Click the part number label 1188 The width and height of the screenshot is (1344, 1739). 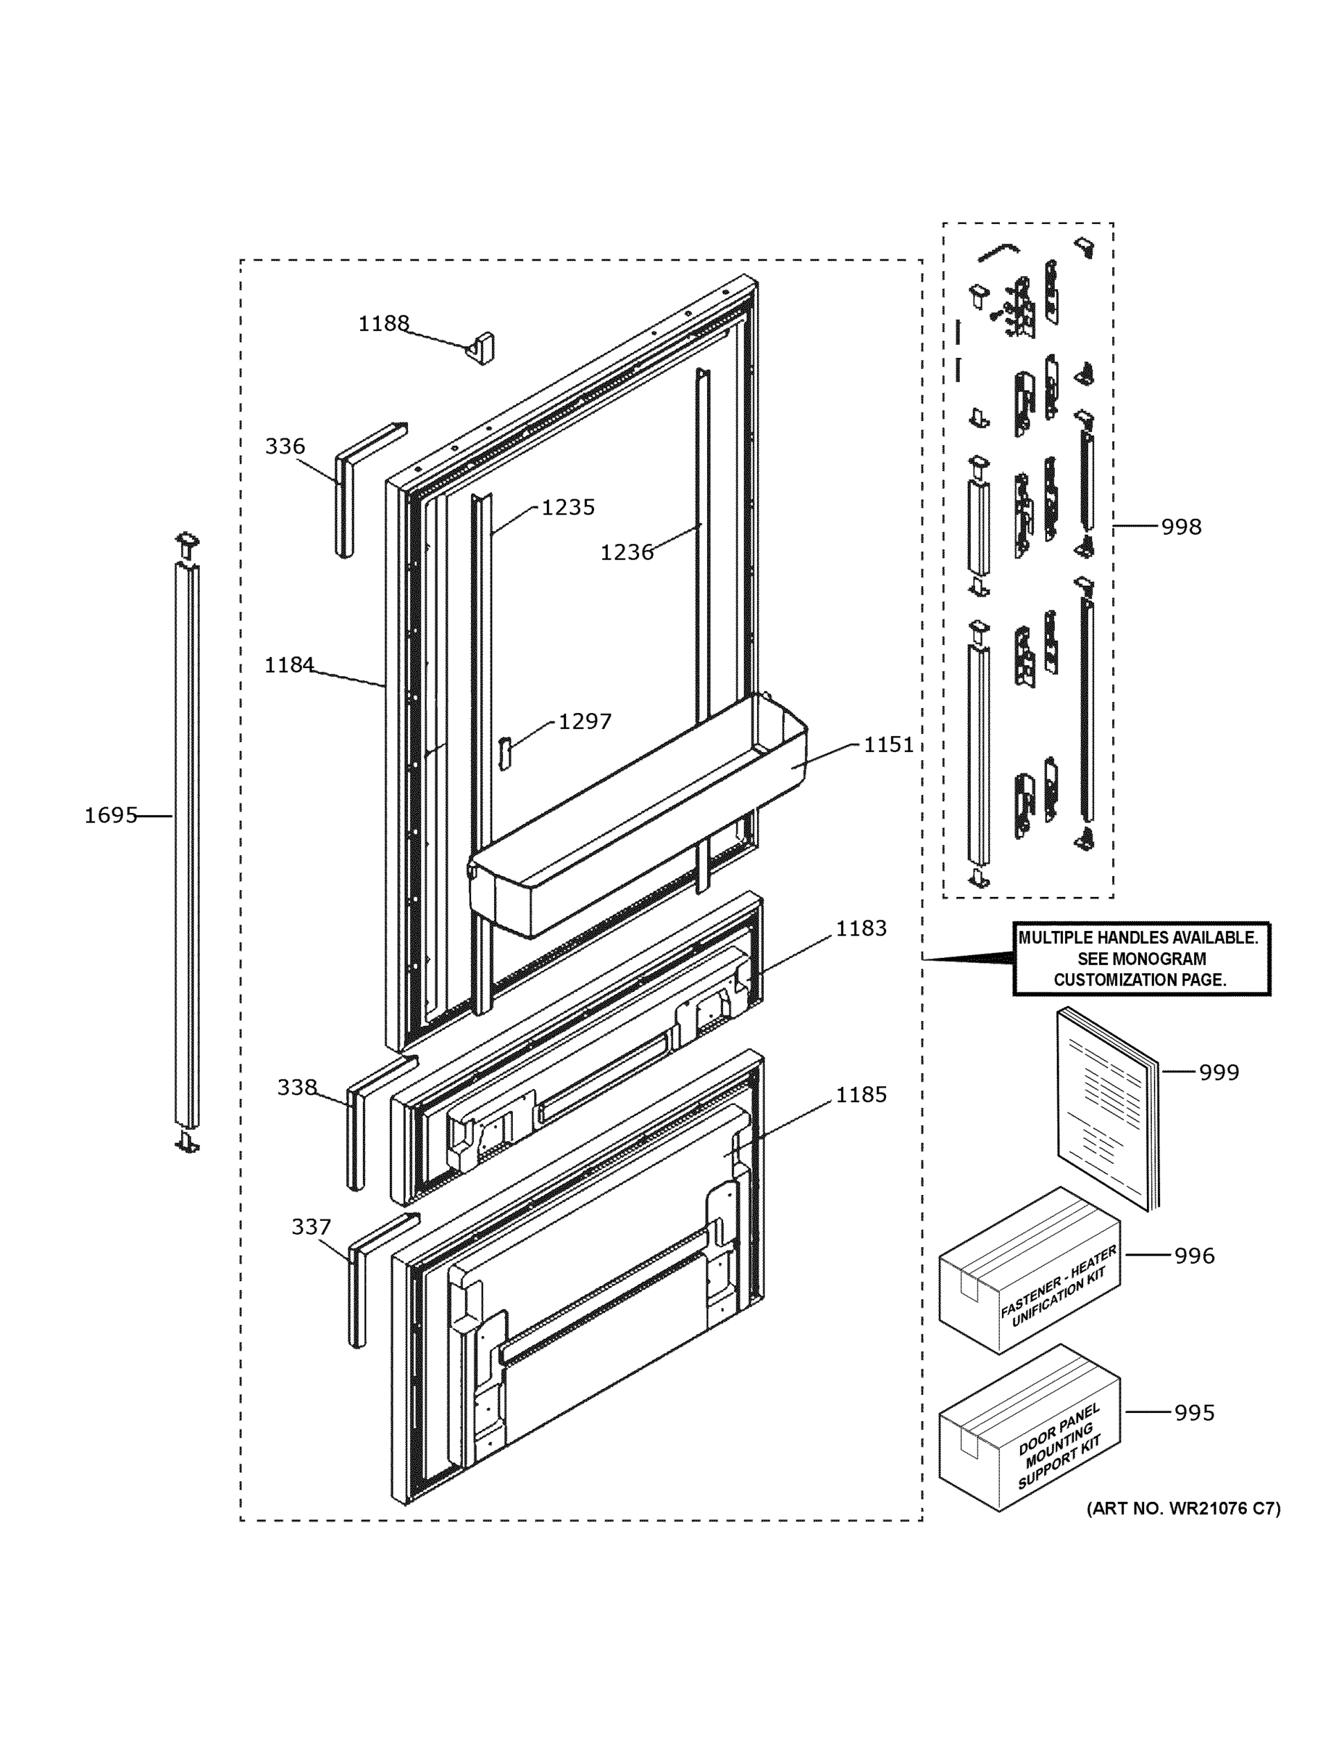point(383,323)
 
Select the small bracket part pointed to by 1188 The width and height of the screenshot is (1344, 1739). point(481,348)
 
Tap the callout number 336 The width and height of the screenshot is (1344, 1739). point(284,446)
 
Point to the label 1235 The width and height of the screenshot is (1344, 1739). point(568,507)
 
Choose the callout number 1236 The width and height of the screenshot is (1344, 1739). point(627,552)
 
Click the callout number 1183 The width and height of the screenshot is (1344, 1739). point(861,928)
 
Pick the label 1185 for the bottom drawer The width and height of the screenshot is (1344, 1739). point(861,1095)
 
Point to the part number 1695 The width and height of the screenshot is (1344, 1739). point(111,815)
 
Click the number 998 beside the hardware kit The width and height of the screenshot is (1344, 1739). point(1181,526)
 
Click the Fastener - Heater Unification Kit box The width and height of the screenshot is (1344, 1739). point(1029,1270)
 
